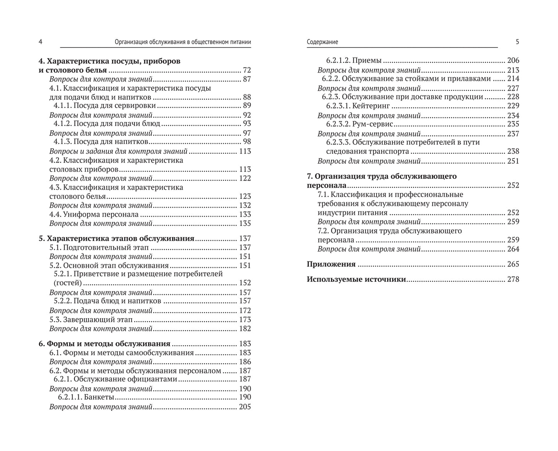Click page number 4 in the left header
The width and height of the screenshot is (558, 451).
click(x=40, y=42)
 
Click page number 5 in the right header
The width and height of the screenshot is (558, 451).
click(x=517, y=42)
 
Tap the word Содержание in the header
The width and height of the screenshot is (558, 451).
click(x=322, y=42)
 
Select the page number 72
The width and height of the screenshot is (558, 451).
click(x=247, y=70)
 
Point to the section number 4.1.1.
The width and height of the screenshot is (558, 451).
click(x=62, y=105)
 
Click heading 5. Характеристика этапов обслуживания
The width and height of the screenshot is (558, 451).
click(x=116, y=238)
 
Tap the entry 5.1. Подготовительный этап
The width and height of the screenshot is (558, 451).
click(x=99, y=248)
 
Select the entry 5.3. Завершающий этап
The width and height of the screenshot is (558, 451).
click(x=91, y=319)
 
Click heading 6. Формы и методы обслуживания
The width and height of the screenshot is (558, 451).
click(x=104, y=344)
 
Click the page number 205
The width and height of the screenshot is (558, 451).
click(x=245, y=407)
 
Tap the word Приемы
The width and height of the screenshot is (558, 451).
click(x=367, y=60)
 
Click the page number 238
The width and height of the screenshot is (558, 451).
click(x=513, y=151)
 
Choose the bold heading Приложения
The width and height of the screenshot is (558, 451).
click(x=331, y=264)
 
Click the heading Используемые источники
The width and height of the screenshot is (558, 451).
click(x=356, y=279)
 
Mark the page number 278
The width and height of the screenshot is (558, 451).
click(x=513, y=279)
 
